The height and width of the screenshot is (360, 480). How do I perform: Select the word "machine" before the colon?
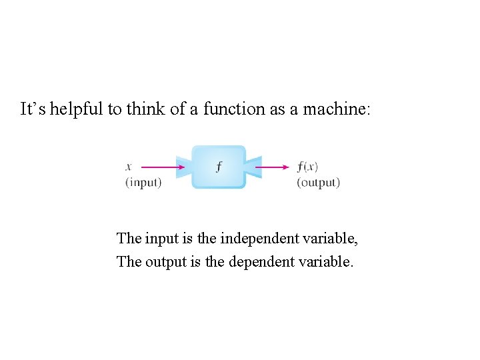[333, 109]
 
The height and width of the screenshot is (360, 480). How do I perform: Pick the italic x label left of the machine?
[128, 167]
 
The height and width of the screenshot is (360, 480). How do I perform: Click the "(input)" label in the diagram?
[143, 183]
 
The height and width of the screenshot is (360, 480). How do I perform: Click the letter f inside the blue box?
[219, 167]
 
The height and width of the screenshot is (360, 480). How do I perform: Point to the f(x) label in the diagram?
[307, 167]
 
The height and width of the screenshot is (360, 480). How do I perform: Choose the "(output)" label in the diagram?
[318, 183]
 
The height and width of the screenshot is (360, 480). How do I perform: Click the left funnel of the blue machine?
[185, 167]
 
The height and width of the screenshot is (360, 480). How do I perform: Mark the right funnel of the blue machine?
[252, 167]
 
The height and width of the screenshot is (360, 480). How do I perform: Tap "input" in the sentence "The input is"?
[159, 238]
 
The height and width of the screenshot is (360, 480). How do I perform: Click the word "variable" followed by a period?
[325, 261]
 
